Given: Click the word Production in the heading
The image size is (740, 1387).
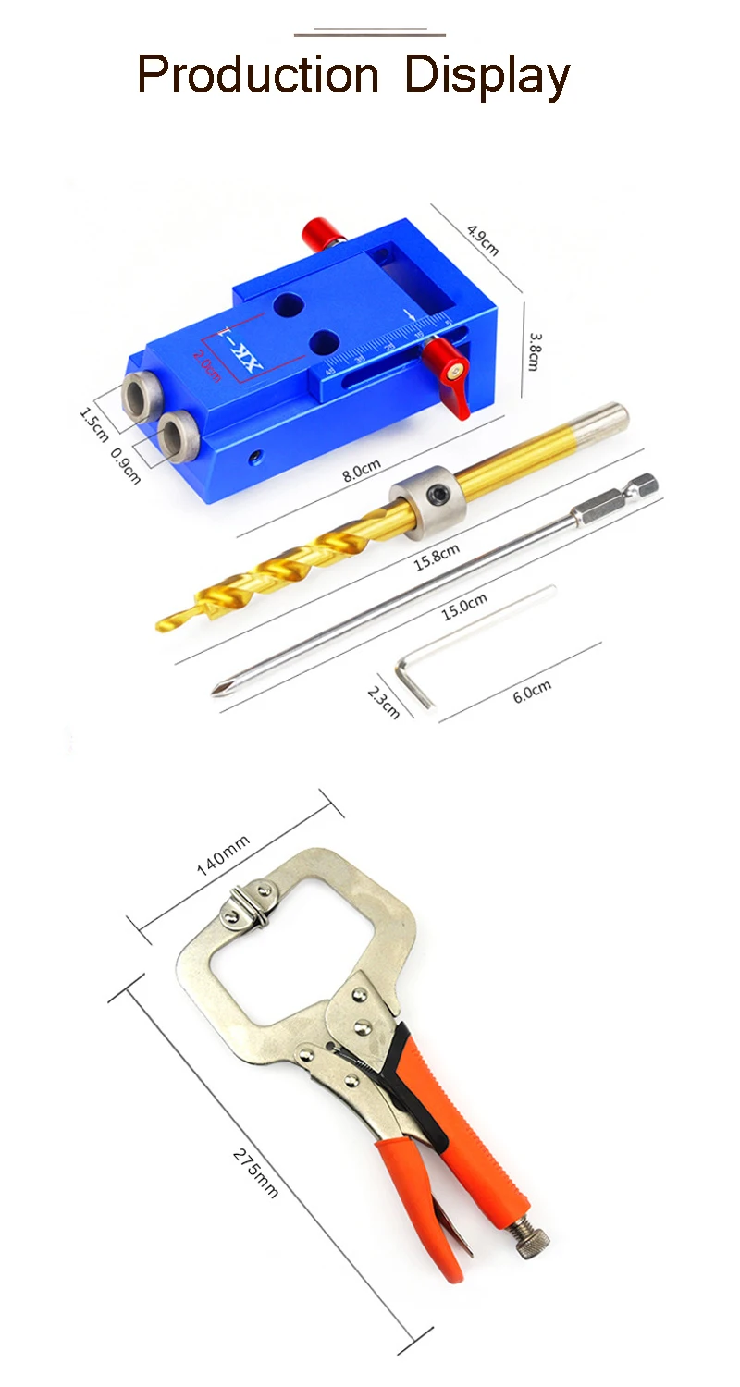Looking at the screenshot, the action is [x=257, y=74].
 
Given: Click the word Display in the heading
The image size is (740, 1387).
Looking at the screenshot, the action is [x=487, y=77].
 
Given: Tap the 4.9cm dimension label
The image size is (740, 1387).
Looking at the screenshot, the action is [x=483, y=239].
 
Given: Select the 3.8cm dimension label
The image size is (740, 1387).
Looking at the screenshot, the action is [x=535, y=351].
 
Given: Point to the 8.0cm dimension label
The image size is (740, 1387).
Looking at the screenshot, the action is [x=362, y=471].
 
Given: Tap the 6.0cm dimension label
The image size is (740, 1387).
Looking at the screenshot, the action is [x=532, y=692].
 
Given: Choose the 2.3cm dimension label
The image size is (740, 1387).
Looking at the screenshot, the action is [x=383, y=702].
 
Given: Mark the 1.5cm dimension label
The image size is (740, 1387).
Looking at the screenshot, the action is [x=94, y=424].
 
